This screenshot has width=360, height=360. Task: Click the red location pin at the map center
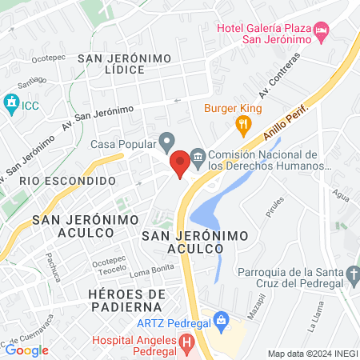pyautogui.click(x=180, y=163)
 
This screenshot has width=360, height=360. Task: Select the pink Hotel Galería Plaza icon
pyautogui.click(x=322, y=30)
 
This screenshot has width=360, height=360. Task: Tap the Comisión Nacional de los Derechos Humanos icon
pyautogui.click(x=197, y=155)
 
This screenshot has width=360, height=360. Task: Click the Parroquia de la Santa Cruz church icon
pyautogui.click(x=353, y=277)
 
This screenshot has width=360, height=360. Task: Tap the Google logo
pyautogui.click(x=26, y=350)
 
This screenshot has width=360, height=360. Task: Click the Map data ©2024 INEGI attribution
pyautogui.click(x=312, y=354)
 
